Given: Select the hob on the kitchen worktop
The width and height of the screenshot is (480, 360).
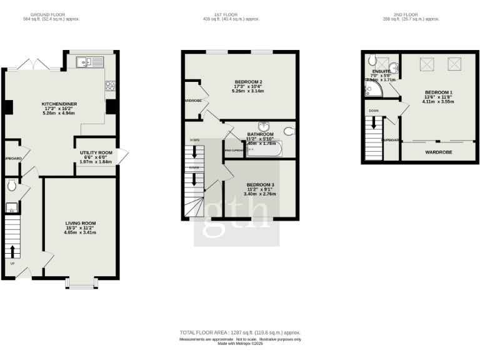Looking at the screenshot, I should click(x=110, y=86).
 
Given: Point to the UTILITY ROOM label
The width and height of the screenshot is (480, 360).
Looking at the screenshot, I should click(x=96, y=152).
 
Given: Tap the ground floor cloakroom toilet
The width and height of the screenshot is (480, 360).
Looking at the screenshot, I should click(x=11, y=185).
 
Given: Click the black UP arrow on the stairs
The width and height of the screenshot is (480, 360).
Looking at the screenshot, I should click(x=12, y=251).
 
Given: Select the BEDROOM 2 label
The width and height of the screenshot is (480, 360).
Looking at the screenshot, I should click(x=248, y=82).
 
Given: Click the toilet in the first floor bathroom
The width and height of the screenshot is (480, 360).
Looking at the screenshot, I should click(x=288, y=131).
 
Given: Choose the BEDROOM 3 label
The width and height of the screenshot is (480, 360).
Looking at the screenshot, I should click(x=260, y=185).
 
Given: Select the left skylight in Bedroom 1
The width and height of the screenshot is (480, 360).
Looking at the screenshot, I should click(x=428, y=64).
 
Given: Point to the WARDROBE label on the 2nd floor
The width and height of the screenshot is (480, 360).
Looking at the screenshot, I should click(x=439, y=152).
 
